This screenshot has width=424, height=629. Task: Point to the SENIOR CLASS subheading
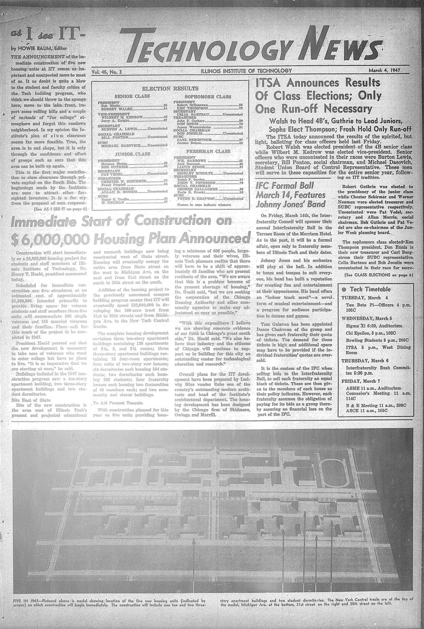[x=130, y=96]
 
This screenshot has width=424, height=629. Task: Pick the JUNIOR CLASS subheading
[x=130, y=154]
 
